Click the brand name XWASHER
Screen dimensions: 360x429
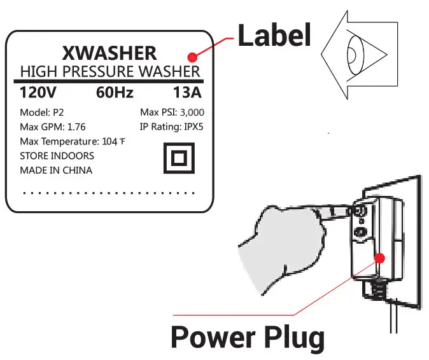coord(111,52)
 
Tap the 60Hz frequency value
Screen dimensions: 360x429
coord(115,93)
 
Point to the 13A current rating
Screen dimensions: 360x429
coord(186,93)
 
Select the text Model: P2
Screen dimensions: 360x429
coord(42,112)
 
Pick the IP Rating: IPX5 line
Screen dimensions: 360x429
coord(172,126)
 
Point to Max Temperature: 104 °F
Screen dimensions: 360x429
coord(72,141)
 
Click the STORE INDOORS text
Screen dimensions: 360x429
coord(57,156)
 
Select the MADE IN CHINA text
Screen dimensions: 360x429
coord(56,170)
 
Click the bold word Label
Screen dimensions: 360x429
coord(274,36)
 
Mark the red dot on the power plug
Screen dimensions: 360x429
coord(380,258)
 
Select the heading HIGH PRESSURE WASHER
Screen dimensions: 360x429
coord(110,71)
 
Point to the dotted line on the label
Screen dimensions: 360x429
coord(108,191)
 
